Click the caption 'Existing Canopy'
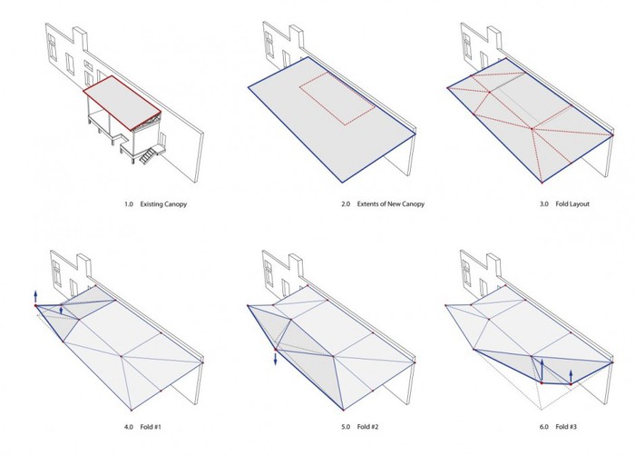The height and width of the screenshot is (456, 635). [x=163, y=204]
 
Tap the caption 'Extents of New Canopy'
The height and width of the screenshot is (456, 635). [x=390, y=204]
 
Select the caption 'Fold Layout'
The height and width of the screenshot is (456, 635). [x=572, y=204]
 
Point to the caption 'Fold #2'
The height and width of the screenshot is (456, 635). [x=367, y=427]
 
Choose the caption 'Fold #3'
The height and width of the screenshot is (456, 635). [x=566, y=427]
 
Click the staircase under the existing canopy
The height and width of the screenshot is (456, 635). [x=147, y=155]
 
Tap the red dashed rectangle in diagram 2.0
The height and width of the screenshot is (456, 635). [x=337, y=99]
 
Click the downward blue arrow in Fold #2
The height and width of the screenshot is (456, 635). [x=276, y=359]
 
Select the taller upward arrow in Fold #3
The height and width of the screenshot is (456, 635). [x=542, y=370]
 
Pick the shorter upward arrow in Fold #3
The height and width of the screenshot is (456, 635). [x=571, y=376]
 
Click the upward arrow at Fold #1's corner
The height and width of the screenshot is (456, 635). [x=35, y=296]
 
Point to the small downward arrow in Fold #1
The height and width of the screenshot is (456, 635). [x=61, y=310]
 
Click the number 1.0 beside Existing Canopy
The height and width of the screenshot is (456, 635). [x=129, y=204]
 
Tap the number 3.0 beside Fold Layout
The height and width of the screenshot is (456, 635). [x=544, y=204]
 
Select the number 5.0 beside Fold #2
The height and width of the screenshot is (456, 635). [x=346, y=427]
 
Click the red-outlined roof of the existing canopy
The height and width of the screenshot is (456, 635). [x=122, y=103]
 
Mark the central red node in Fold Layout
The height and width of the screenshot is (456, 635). [x=532, y=129]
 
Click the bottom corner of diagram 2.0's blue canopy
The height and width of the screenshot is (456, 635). [x=343, y=183]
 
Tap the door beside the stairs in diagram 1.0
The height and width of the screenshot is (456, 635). [x=163, y=140]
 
